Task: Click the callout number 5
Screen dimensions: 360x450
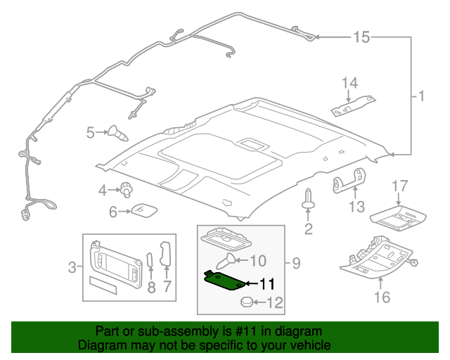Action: point(91,131)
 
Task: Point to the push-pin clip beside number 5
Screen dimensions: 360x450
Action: point(117,131)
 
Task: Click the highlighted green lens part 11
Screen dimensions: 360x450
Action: point(225,281)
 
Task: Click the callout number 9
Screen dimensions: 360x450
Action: point(296,264)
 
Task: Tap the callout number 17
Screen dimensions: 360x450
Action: point(399,186)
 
